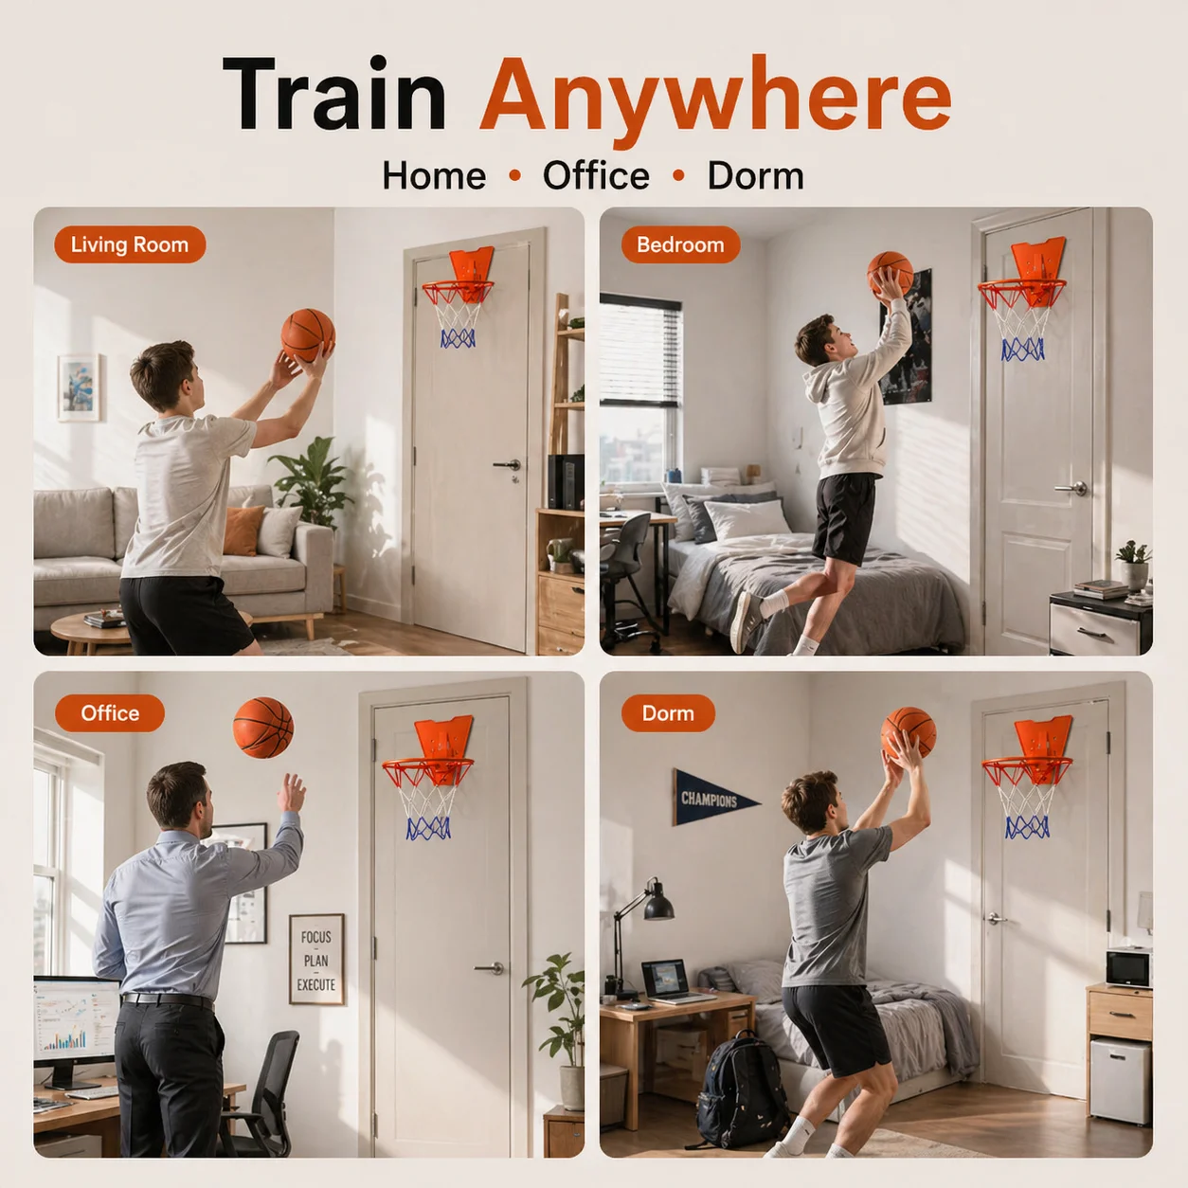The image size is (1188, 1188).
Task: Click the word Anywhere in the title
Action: coord(715,99)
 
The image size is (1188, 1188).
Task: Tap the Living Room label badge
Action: coord(130,244)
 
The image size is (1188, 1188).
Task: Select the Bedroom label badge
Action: coord(680,244)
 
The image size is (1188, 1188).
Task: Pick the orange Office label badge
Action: coord(110,713)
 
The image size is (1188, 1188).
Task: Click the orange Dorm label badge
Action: coord(668,713)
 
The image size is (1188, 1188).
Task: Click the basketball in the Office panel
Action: coord(263,728)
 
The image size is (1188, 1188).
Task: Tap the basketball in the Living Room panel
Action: coord(308,335)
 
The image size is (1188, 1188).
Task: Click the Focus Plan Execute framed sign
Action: coord(316,960)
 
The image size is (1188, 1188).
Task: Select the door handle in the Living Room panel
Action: coord(508,465)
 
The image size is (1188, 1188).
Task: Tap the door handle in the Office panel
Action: coord(490,968)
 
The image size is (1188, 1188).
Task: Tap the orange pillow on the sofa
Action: coord(243,531)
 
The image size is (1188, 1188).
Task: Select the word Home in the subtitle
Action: coord(434,176)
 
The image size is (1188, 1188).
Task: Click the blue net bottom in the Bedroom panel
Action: coord(1022,350)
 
